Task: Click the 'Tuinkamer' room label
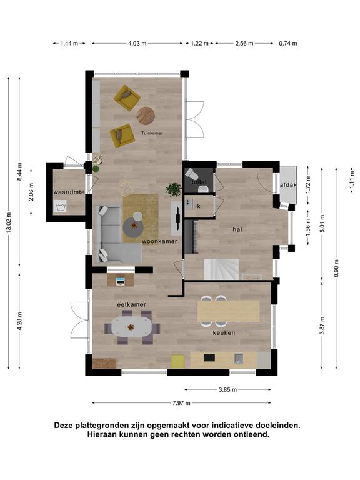pos(152,133)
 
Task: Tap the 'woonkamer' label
pos(159,241)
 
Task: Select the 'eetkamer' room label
pos(132,305)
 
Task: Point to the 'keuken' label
pos(224,332)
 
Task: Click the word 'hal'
pos(237,229)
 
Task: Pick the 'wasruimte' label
pos(69,192)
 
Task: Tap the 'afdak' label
pos(288,185)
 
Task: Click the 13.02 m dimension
pos(9,222)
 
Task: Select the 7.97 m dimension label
pos(181,403)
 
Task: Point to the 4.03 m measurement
pos(137,44)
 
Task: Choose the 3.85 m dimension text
pos(227,390)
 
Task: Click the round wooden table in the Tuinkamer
pos(146,116)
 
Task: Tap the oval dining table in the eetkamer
pos(131,327)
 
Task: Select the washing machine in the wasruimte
pos(60,206)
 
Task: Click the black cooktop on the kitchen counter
pos(209,358)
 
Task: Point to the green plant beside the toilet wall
pos(174,189)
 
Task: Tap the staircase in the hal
pos(222,269)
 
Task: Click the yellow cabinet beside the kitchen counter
pos(178,361)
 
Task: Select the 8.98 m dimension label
pos(337,269)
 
